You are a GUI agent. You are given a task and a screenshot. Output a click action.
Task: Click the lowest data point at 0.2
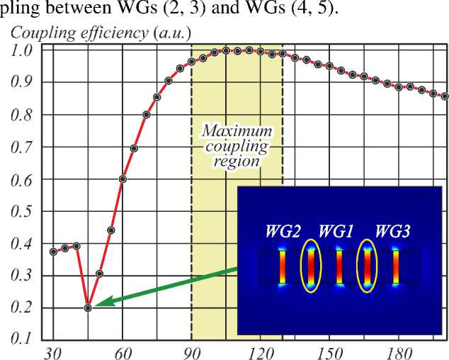coord(88,308)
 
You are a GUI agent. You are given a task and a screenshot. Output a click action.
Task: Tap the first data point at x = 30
coord(53,252)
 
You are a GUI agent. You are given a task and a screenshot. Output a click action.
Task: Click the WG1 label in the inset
coord(338,231)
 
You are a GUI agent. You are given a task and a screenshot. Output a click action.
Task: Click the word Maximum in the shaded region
coord(237,131)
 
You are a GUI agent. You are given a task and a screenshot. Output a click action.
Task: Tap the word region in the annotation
coord(237,161)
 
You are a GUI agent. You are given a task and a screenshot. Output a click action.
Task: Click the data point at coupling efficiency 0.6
coord(123,179)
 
